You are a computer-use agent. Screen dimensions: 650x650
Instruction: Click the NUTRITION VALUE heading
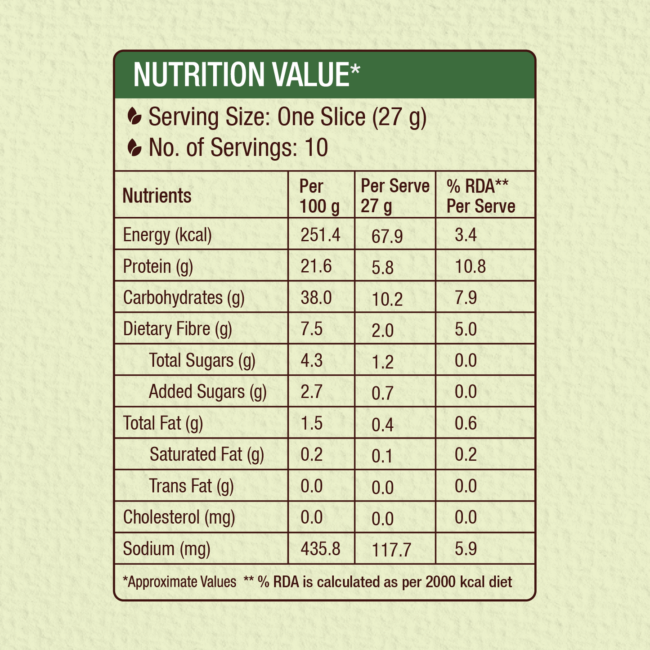coord(247,75)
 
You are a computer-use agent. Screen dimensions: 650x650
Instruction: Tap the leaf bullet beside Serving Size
coord(134,117)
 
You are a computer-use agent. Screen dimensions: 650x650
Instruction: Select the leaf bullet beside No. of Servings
coord(134,148)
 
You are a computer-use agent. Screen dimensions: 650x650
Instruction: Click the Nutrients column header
coord(157,196)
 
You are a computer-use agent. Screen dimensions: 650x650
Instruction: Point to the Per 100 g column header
coord(319,196)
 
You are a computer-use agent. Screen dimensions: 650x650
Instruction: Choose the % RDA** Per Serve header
coord(480,196)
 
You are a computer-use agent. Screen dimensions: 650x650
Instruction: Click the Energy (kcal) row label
coord(167,235)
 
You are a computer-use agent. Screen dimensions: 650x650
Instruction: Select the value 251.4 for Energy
coord(320,235)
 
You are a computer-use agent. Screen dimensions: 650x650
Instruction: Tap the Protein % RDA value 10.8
coord(470,266)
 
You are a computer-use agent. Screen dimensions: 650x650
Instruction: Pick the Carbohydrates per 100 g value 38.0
coord(316,298)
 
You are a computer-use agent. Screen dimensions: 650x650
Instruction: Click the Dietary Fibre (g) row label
coord(177,329)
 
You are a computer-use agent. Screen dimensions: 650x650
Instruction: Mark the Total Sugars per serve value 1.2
coord(382,362)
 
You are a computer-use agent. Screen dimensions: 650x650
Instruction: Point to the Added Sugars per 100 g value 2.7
coord(311,391)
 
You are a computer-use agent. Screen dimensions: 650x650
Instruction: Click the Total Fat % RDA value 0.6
coord(466,423)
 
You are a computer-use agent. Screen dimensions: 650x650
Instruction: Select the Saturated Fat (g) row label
coord(206,454)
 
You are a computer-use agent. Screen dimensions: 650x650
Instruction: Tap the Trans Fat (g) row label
coord(191,486)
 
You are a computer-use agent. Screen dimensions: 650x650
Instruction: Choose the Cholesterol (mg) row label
coord(179,517)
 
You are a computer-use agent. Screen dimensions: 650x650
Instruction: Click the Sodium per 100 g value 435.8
coord(320,549)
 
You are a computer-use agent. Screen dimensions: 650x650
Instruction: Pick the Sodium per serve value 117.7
coord(391,550)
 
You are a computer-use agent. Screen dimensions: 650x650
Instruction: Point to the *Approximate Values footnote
coord(179,582)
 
